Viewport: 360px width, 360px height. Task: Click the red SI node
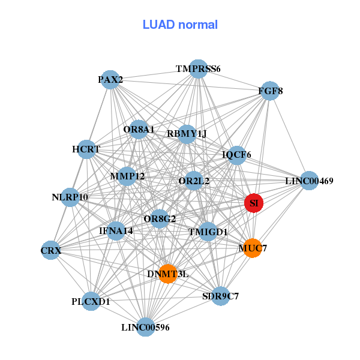pyautogui.click(x=253, y=203)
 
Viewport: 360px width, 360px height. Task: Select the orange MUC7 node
pyautogui.click(x=253, y=248)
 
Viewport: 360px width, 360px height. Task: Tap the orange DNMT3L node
pyautogui.click(x=168, y=274)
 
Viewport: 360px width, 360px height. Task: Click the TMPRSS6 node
pyautogui.click(x=199, y=69)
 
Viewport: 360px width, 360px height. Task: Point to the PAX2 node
pyautogui.click(x=110, y=80)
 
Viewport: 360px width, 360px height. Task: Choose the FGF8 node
pyautogui.click(x=270, y=91)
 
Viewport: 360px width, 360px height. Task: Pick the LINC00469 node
pyautogui.click(x=309, y=181)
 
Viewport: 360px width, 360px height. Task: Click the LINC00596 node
pyautogui.click(x=146, y=327)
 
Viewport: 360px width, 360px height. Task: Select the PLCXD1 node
pyautogui.click(x=91, y=301)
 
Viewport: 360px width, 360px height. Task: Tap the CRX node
pyautogui.click(x=51, y=250)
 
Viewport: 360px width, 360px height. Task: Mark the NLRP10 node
pyautogui.click(x=70, y=197)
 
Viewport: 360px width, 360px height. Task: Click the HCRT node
pyautogui.click(x=86, y=149)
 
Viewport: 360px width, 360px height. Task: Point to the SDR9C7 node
pyautogui.click(x=221, y=296)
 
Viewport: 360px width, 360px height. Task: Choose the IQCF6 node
pyautogui.click(x=237, y=155)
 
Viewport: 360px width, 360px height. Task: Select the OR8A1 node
pyautogui.click(x=139, y=129)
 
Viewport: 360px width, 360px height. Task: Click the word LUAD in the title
pyautogui.click(x=158, y=25)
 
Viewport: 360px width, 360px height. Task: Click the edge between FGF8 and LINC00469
pyautogui.click(x=290, y=136)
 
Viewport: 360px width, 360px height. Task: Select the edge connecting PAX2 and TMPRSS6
pyautogui.click(x=154, y=74)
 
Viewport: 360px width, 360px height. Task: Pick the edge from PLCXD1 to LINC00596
pyautogui.click(x=118, y=314)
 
